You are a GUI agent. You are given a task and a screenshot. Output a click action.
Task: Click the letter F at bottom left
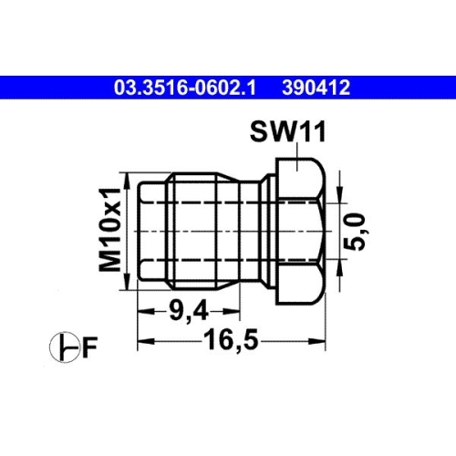point(89,347)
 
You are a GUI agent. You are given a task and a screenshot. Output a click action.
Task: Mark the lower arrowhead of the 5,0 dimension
point(339,269)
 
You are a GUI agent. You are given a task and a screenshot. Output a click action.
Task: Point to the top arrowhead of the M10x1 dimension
point(128,176)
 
